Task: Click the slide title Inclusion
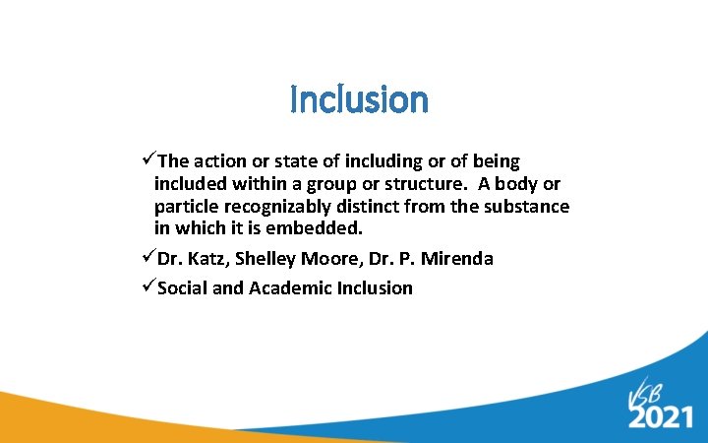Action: click(359, 99)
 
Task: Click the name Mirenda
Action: click(456, 259)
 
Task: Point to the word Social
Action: click(184, 288)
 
